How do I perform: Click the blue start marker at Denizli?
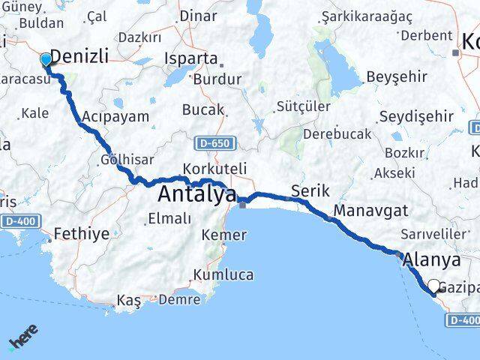point(46,59)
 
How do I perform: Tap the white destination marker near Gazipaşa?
point(433,285)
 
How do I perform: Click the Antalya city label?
point(197,195)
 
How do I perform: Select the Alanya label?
point(431,260)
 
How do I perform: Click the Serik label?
point(310,190)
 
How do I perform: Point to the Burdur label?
point(217,79)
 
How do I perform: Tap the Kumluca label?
point(223,274)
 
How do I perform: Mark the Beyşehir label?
point(397,76)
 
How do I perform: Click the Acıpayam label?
point(115,116)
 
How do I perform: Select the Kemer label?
point(223,235)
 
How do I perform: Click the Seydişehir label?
point(416,116)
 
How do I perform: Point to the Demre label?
point(181,300)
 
